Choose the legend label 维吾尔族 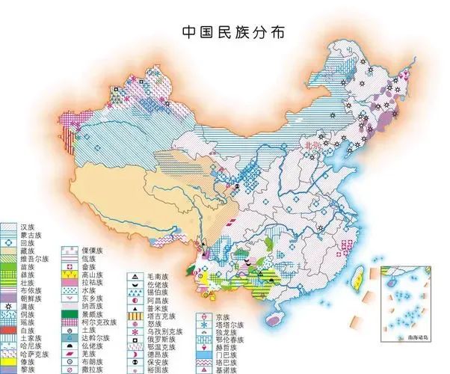[x=35, y=259]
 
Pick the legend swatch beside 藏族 [x=9, y=251]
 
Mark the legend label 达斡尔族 [x=94, y=338]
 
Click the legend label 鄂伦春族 [x=228, y=337]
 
